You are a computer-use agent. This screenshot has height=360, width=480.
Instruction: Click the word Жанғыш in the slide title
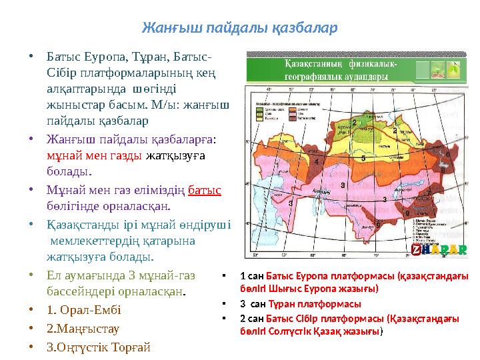tap(165, 29)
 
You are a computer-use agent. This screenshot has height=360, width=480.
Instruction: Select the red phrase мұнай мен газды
tap(94, 155)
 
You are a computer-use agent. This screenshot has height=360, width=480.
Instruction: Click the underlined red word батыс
tap(205, 190)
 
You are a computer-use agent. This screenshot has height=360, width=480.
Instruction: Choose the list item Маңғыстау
tap(80, 328)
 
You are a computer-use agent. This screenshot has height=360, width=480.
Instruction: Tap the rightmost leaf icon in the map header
tap(454, 69)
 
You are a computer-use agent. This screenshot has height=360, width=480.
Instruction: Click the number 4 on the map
tap(316, 161)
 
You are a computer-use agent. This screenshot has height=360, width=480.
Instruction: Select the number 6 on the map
tap(447, 154)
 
